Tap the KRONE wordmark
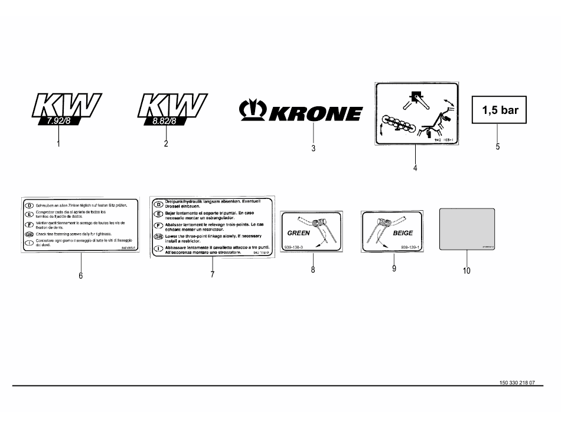[316, 113]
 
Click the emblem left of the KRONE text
[252, 110]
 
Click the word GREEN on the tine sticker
[298, 233]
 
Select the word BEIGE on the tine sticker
[403, 233]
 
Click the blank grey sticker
[467, 229]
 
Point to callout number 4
[415, 168]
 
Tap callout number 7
[212, 275]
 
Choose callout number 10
[467, 271]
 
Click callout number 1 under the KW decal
[58, 144]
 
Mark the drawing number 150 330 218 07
[513, 383]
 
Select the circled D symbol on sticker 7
[158, 204]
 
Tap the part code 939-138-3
[293, 247]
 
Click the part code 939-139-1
[410, 247]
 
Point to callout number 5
[498, 146]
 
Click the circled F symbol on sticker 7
[158, 226]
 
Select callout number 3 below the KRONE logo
[313, 148]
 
